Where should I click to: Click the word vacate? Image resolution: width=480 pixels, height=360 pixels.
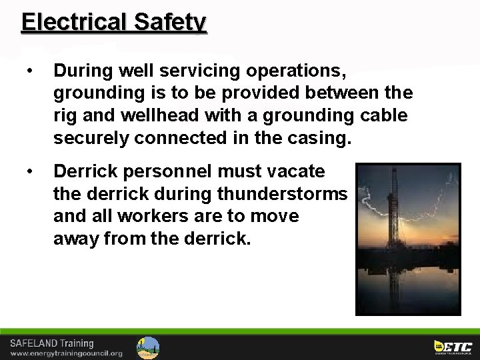tap(293, 171)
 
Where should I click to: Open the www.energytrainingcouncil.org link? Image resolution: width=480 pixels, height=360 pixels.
tap(66, 353)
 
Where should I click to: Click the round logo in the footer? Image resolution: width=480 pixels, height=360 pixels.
tap(148, 347)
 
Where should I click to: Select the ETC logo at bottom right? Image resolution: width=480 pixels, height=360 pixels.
tap(453, 346)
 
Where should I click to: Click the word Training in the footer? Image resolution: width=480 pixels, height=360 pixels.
tap(78, 344)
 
